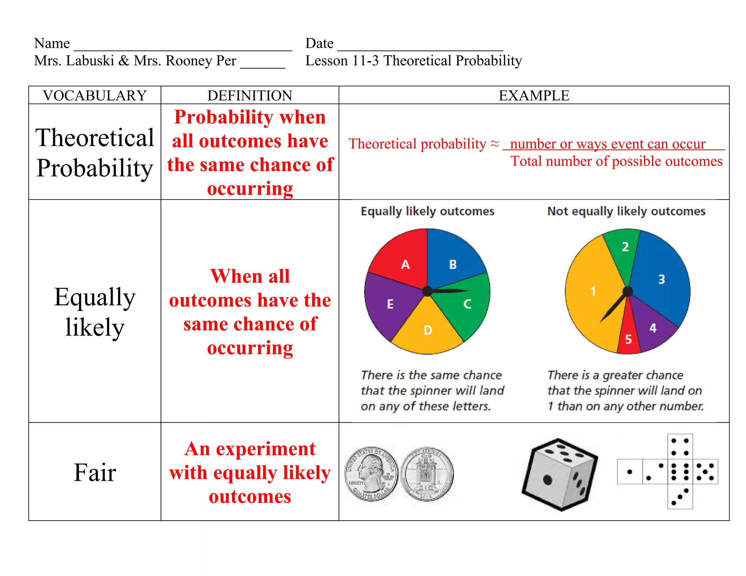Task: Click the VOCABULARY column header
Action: (x=95, y=95)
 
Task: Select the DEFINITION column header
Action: (x=250, y=95)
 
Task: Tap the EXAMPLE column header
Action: (x=534, y=95)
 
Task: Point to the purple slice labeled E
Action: (x=390, y=304)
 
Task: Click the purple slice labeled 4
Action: (x=652, y=326)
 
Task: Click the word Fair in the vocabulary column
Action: (x=95, y=473)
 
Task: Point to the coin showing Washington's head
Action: (x=372, y=474)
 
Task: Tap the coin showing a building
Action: (x=427, y=474)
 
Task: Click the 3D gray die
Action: (x=559, y=474)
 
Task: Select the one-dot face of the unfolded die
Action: (x=630, y=472)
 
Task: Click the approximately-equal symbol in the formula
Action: (x=494, y=144)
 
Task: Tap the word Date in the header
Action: (x=319, y=43)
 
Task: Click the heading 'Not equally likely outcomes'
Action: (x=626, y=211)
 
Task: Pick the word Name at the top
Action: (x=52, y=43)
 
